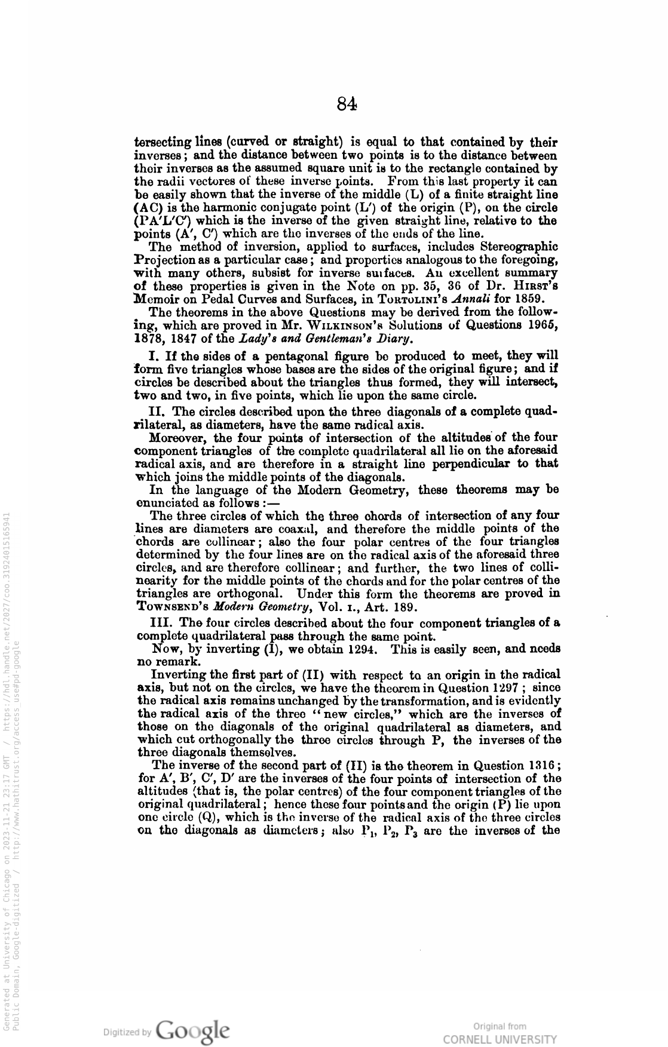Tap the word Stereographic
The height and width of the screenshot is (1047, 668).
tap(520, 247)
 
